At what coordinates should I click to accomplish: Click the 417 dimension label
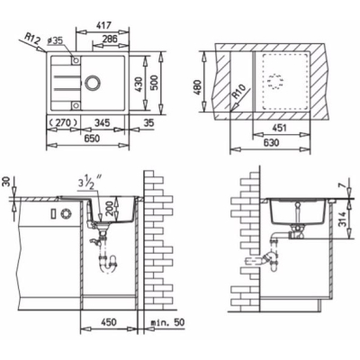click(x=102, y=25)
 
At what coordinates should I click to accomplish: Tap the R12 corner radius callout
click(x=31, y=38)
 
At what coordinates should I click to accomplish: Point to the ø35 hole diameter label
click(x=55, y=40)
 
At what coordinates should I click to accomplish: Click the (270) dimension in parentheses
click(x=64, y=122)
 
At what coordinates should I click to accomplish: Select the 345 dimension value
click(x=102, y=122)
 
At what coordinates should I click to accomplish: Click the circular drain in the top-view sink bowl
click(x=92, y=82)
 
